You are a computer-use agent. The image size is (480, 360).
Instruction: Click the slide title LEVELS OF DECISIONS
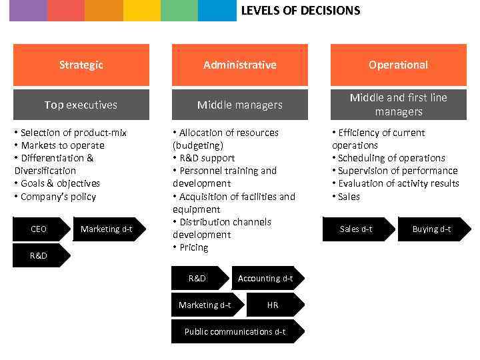300,11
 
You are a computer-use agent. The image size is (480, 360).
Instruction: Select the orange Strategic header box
81,65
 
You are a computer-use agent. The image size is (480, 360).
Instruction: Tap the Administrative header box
240,65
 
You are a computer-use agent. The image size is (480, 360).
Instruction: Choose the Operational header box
398,65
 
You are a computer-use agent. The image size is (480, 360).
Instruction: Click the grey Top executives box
81,105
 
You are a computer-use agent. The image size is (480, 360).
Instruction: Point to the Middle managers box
240,105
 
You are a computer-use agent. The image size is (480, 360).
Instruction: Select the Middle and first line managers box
398,105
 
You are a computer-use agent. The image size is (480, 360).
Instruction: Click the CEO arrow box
39,229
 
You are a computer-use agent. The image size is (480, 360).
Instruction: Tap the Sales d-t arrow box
357,229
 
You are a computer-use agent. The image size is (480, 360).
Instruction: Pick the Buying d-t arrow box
432,229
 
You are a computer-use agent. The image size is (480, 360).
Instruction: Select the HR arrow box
273,305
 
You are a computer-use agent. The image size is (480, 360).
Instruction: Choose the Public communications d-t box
235,331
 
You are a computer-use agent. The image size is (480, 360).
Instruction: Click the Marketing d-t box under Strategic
107,229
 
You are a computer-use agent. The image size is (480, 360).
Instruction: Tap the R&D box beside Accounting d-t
198,279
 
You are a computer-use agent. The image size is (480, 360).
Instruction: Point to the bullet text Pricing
193,247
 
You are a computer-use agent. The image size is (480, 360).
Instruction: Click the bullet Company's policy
58,197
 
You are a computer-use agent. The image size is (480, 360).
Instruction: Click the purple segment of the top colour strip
28,11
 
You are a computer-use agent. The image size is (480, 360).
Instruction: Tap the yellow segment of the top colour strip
141,11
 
